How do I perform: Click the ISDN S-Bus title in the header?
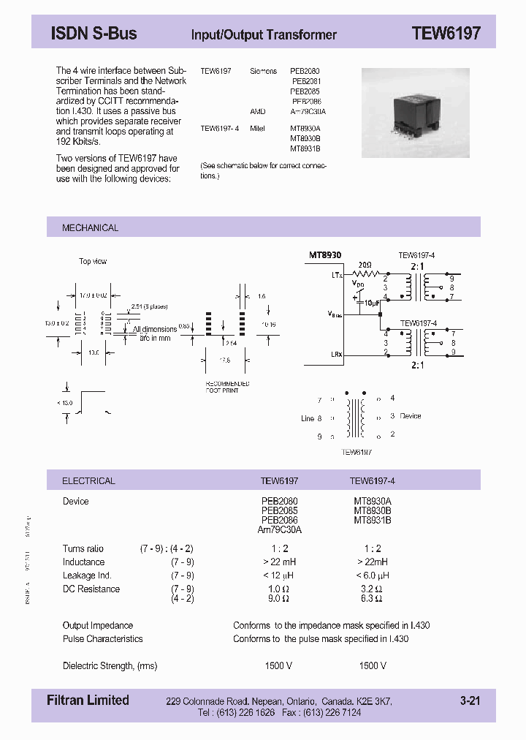(94, 34)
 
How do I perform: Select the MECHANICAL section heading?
(90, 228)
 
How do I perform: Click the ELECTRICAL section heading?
(88, 481)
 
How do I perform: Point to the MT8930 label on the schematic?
(325, 255)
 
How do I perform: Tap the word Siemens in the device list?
(264, 72)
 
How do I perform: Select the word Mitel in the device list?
(258, 128)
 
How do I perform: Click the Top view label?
(93, 261)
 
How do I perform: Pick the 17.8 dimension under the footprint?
(225, 359)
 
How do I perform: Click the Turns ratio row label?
(83, 548)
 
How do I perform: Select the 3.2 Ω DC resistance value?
(372, 589)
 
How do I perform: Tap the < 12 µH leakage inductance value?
(279, 575)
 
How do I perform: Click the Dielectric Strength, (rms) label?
(110, 665)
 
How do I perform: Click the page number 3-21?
(470, 701)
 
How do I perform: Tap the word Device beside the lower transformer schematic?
(411, 416)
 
